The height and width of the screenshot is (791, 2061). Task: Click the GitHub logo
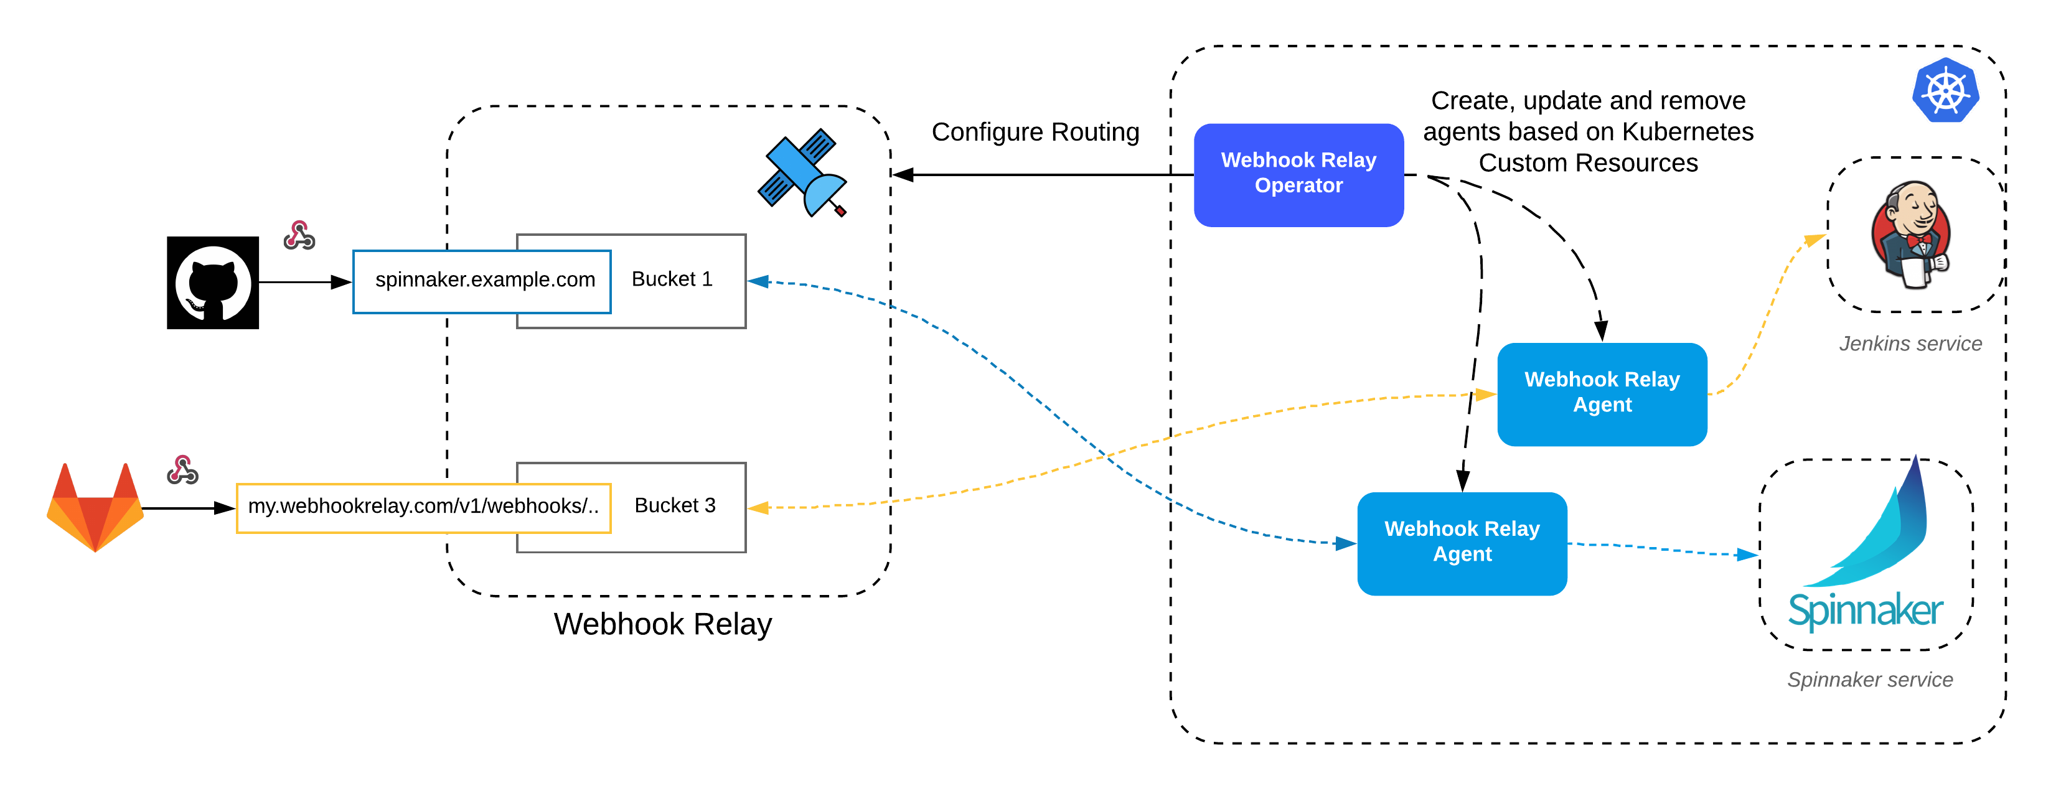tap(212, 283)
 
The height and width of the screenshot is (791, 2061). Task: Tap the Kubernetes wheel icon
tap(1945, 90)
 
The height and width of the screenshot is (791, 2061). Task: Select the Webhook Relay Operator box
tap(1298, 174)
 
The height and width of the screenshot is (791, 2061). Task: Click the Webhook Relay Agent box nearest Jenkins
tap(1601, 393)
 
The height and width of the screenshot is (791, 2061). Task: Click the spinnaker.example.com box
tap(482, 281)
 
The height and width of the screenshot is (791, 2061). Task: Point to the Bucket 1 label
tap(671, 279)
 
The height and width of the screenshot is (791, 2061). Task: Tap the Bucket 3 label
tap(675, 505)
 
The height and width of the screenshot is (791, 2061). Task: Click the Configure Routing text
tap(1035, 132)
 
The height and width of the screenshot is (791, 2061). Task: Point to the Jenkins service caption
tap(1910, 344)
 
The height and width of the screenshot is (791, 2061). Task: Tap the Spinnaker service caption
tap(1869, 680)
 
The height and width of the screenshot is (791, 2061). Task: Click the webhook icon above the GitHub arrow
tap(299, 236)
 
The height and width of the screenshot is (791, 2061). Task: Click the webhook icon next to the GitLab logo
tap(182, 470)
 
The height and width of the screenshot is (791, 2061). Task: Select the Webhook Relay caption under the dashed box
tap(662, 624)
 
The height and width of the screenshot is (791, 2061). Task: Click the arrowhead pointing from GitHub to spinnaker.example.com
tap(342, 283)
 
